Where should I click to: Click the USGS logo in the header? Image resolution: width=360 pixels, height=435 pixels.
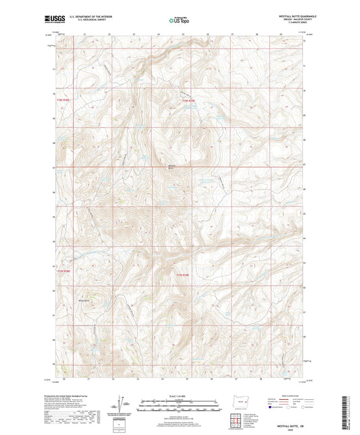coord(51,20)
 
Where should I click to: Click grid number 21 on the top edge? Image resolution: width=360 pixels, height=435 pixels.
coord(84,32)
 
